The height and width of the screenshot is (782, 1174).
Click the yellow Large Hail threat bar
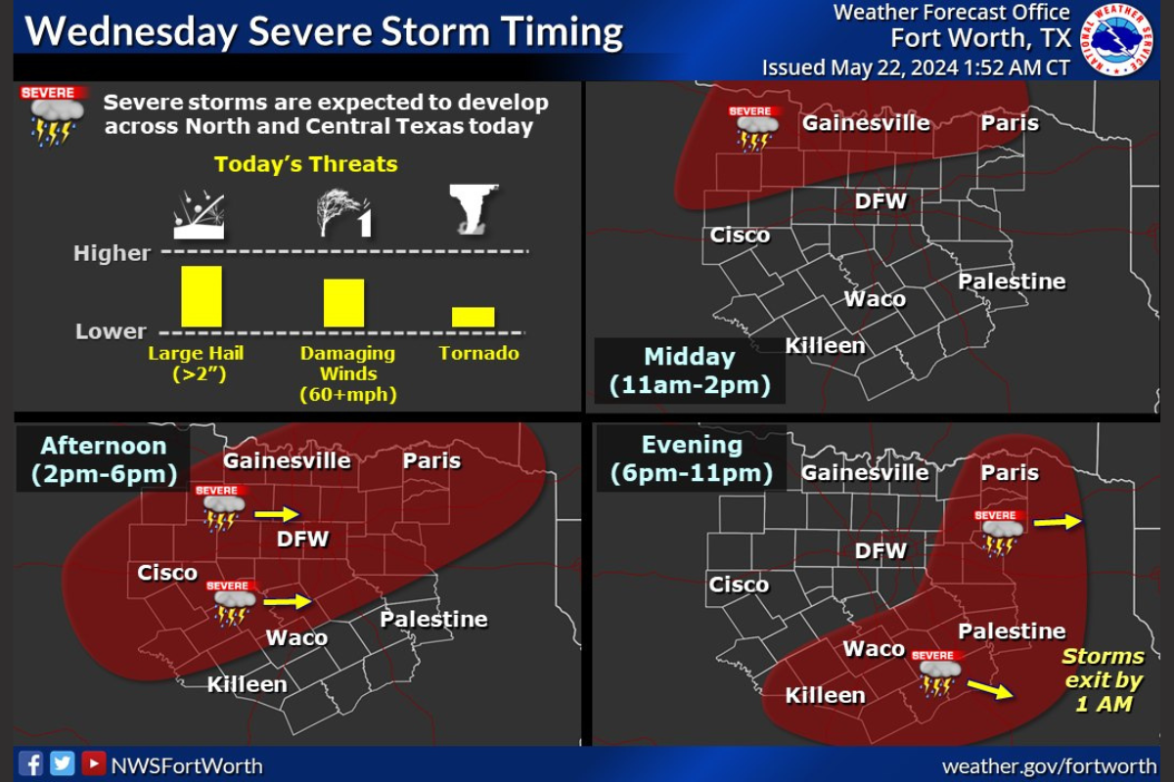pyautogui.click(x=202, y=296)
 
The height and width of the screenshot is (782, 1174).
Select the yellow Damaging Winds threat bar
pyautogui.click(x=343, y=303)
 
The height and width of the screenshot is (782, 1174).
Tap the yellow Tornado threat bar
pyautogui.click(x=473, y=317)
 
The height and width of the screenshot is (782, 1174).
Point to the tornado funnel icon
pyautogui.click(x=475, y=208)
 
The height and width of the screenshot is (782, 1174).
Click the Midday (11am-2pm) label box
pyautogui.click(x=689, y=370)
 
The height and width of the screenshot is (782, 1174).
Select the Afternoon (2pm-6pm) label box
pyautogui.click(x=103, y=460)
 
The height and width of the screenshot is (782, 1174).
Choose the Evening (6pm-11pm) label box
pyautogui.click(x=691, y=459)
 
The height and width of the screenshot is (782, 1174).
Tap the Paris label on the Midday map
pyautogui.click(x=1009, y=124)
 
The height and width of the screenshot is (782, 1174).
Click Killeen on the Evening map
pyautogui.click(x=825, y=695)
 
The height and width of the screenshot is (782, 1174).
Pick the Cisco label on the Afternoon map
pyautogui.click(x=167, y=572)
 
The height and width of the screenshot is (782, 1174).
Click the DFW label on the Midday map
pyautogui.click(x=880, y=201)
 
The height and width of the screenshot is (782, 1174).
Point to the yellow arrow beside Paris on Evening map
pyautogui.click(x=1058, y=523)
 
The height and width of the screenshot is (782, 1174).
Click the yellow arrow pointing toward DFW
pyautogui.click(x=277, y=513)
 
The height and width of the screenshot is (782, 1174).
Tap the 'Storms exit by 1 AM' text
pyautogui.click(x=1103, y=679)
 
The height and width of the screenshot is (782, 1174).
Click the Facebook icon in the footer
pyautogui.click(x=30, y=763)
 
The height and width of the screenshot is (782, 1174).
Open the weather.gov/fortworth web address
pyautogui.click(x=1049, y=765)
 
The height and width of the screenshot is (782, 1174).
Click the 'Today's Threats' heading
pyautogui.click(x=306, y=164)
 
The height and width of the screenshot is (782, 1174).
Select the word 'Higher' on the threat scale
pyautogui.click(x=113, y=253)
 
